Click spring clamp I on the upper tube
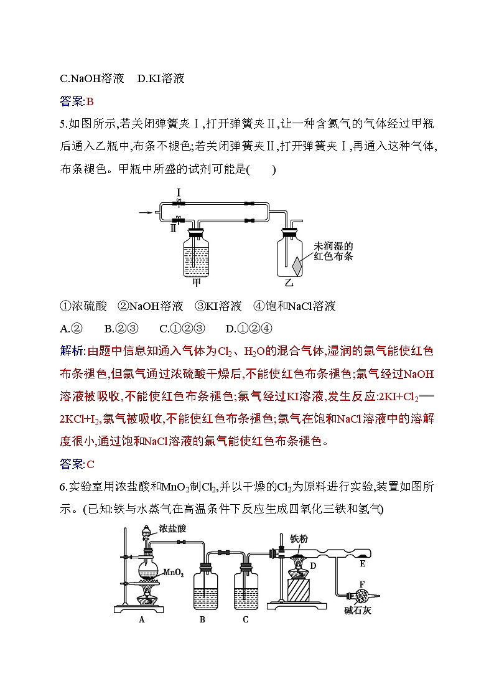(179, 204)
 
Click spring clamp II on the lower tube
(179, 220)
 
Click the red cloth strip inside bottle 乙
(297, 265)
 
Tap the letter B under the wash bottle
(203, 619)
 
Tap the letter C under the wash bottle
(246, 619)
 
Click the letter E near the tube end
(363, 563)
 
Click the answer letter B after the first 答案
(90, 101)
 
